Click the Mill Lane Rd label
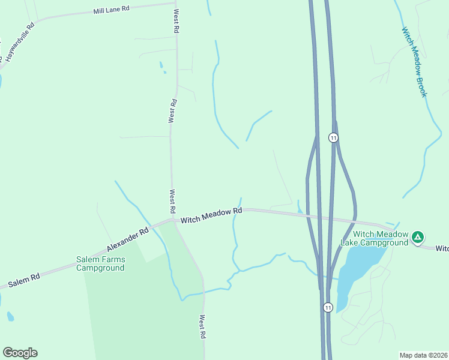point(111,10)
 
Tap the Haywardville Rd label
point(19,41)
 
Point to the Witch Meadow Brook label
point(414,61)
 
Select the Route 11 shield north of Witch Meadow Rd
point(333,137)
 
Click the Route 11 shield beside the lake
point(327,307)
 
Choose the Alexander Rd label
point(127,239)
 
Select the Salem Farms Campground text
point(101,263)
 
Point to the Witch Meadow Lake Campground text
point(375,238)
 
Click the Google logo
point(20,352)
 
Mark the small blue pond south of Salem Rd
point(10,316)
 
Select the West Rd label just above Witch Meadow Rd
point(172,200)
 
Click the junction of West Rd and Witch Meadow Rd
point(173,220)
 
